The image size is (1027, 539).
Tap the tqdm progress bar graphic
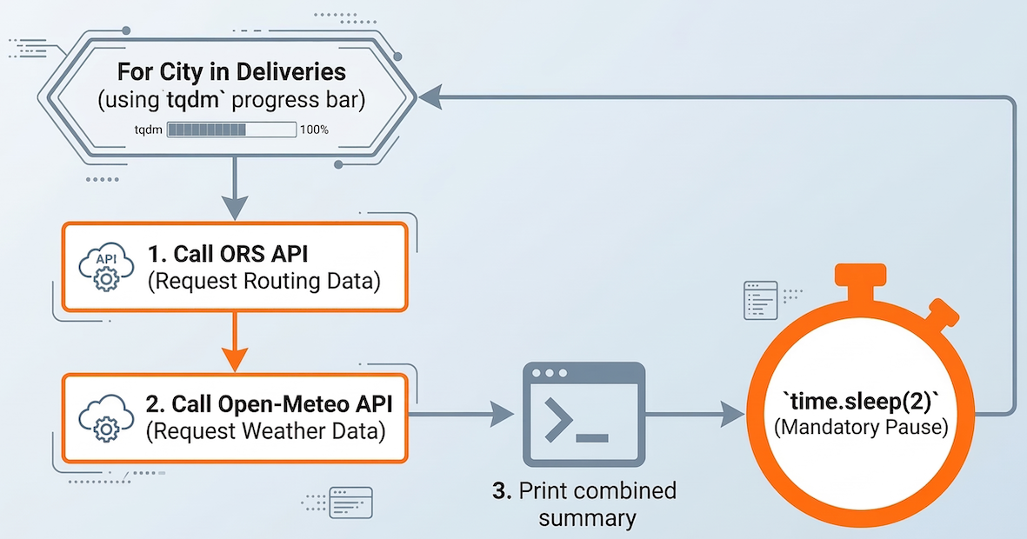click(231, 130)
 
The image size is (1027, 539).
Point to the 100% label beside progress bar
click(314, 130)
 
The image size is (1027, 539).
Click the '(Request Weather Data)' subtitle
click(265, 430)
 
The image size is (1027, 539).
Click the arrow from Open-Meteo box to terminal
click(461, 415)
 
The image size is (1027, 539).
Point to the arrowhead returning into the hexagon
click(430, 98)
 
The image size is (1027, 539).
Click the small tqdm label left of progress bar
click(147, 130)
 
